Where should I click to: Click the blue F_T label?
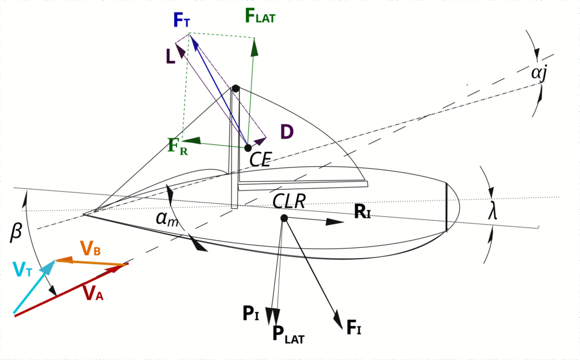pos(182,20)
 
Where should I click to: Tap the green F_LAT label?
pos(260,15)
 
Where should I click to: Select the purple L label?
pos(170,57)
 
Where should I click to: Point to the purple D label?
pos(287,131)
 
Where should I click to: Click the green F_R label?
pos(178,146)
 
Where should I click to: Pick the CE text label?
pos(261,159)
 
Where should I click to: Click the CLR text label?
pos(289,202)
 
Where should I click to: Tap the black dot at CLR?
pos(284,218)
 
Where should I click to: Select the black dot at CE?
pos(248,148)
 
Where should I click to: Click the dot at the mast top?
pos(236,89)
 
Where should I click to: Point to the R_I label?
pos(362,212)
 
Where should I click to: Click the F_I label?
pos(353,327)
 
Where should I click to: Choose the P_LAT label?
pos(288,334)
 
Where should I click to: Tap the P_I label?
pos(250,314)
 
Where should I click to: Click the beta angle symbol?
pos(16,232)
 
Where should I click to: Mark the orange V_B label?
pos(90,248)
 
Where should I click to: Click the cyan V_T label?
pos(23,269)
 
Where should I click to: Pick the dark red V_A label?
pos(93,293)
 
